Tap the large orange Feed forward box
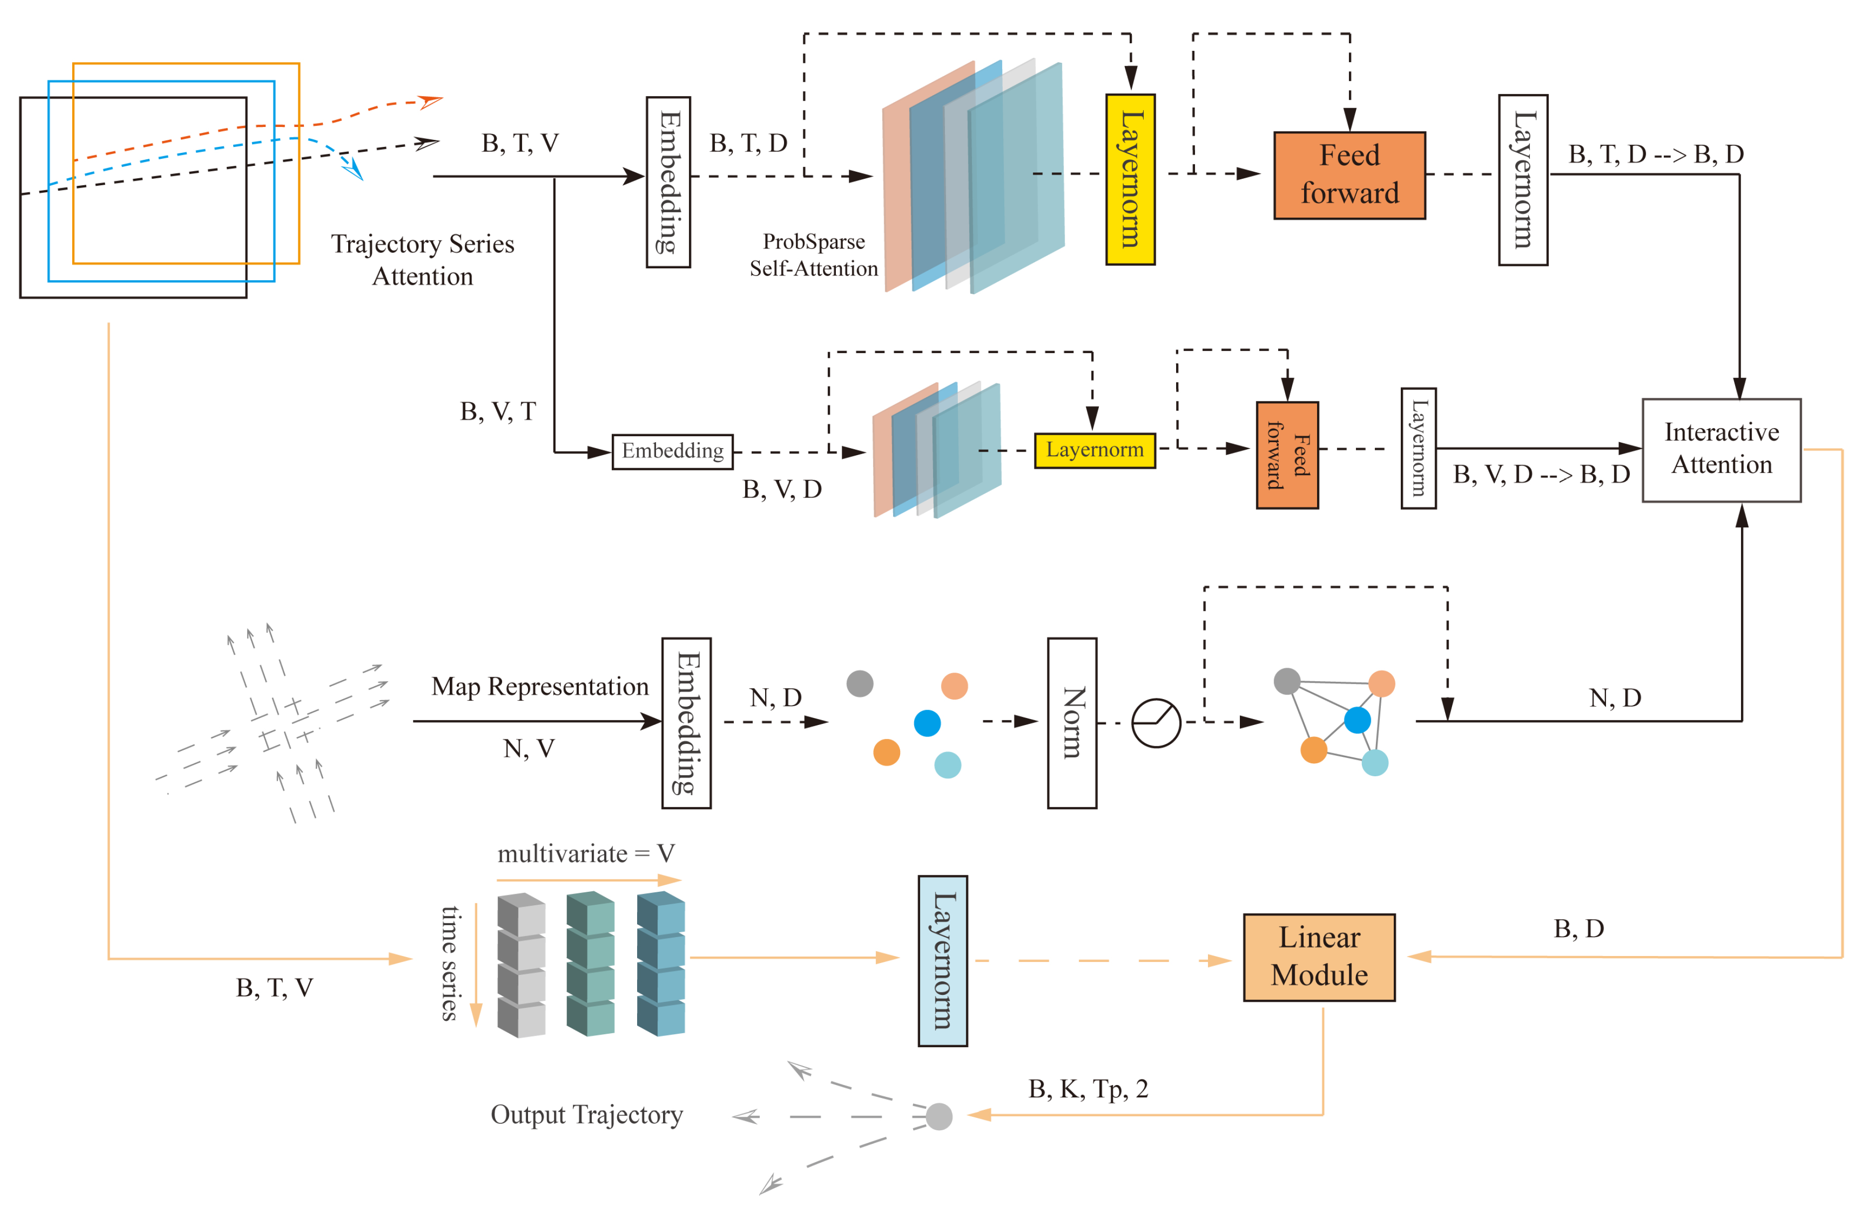(x=1349, y=175)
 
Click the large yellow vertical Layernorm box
(x=1129, y=179)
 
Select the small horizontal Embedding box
(x=671, y=451)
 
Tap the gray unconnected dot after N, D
(x=859, y=683)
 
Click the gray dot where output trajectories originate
(x=938, y=1115)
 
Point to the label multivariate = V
(x=585, y=853)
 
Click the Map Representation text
(x=539, y=686)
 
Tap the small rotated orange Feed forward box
(x=1286, y=455)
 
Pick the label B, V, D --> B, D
(x=1540, y=474)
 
